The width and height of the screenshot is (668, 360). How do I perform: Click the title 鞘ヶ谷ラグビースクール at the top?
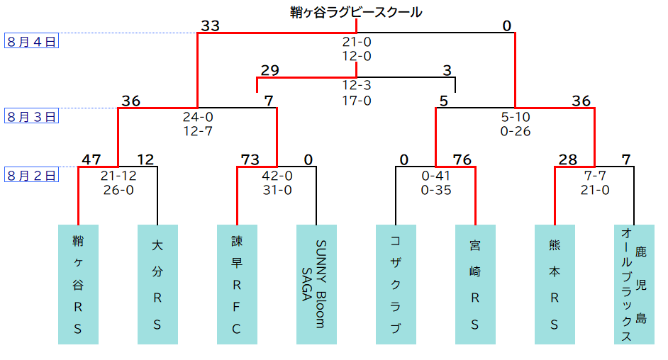[x=356, y=12]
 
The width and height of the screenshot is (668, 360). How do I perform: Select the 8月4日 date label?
[x=32, y=41]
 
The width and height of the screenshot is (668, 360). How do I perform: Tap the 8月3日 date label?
[x=32, y=117]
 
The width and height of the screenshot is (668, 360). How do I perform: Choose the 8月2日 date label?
[x=32, y=176]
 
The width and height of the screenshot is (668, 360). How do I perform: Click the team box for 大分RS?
[x=157, y=284]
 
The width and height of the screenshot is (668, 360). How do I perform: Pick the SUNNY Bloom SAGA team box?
[x=316, y=284]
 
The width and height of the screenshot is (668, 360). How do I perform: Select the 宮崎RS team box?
[x=475, y=284]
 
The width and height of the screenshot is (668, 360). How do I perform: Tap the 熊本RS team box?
[x=555, y=284]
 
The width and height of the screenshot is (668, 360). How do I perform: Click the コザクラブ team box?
[x=396, y=284]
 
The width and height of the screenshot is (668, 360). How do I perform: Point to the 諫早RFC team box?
[x=237, y=284]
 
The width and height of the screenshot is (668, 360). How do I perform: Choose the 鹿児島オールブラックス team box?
[x=634, y=284]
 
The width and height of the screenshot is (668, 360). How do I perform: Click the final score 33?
[x=210, y=26]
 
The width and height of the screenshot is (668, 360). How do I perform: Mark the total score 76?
[x=462, y=159]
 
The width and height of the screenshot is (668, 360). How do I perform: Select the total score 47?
[x=91, y=159]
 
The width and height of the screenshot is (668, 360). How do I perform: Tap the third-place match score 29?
[x=269, y=70]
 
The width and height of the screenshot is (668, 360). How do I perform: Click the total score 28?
[x=567, y=159]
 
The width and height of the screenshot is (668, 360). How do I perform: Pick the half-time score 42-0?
[x=277, y=176]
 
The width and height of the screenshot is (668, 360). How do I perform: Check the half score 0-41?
[x=435, y=176]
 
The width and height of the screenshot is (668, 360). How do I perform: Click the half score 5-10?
[x=515, y=117]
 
